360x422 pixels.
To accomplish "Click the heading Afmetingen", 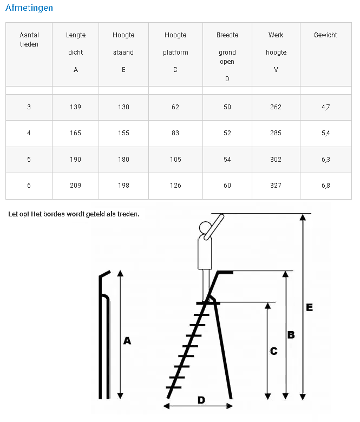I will click(29, 8).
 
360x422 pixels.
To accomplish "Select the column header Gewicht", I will click(325, 35).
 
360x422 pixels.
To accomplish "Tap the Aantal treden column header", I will click(29, 39).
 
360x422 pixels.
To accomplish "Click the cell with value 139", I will click(75, 107).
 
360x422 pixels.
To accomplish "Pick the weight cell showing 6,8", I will click(325, 186).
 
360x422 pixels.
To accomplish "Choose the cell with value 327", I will click(276, 186).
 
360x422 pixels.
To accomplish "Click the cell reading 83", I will click(175, 133).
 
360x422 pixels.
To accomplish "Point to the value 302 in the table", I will click(276, 160).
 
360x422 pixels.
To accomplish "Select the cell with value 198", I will click(123, 186).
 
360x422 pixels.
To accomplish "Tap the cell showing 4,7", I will click(325, 107).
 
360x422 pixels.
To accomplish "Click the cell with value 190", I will click(75, 160).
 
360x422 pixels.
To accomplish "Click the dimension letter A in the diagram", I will click(128, 341).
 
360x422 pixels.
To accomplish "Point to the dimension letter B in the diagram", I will click(291, 335).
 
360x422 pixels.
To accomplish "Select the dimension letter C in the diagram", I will click(273, 352).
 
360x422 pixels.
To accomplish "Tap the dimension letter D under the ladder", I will click(201, 400).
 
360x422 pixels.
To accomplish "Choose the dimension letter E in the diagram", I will click(309, 307).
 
